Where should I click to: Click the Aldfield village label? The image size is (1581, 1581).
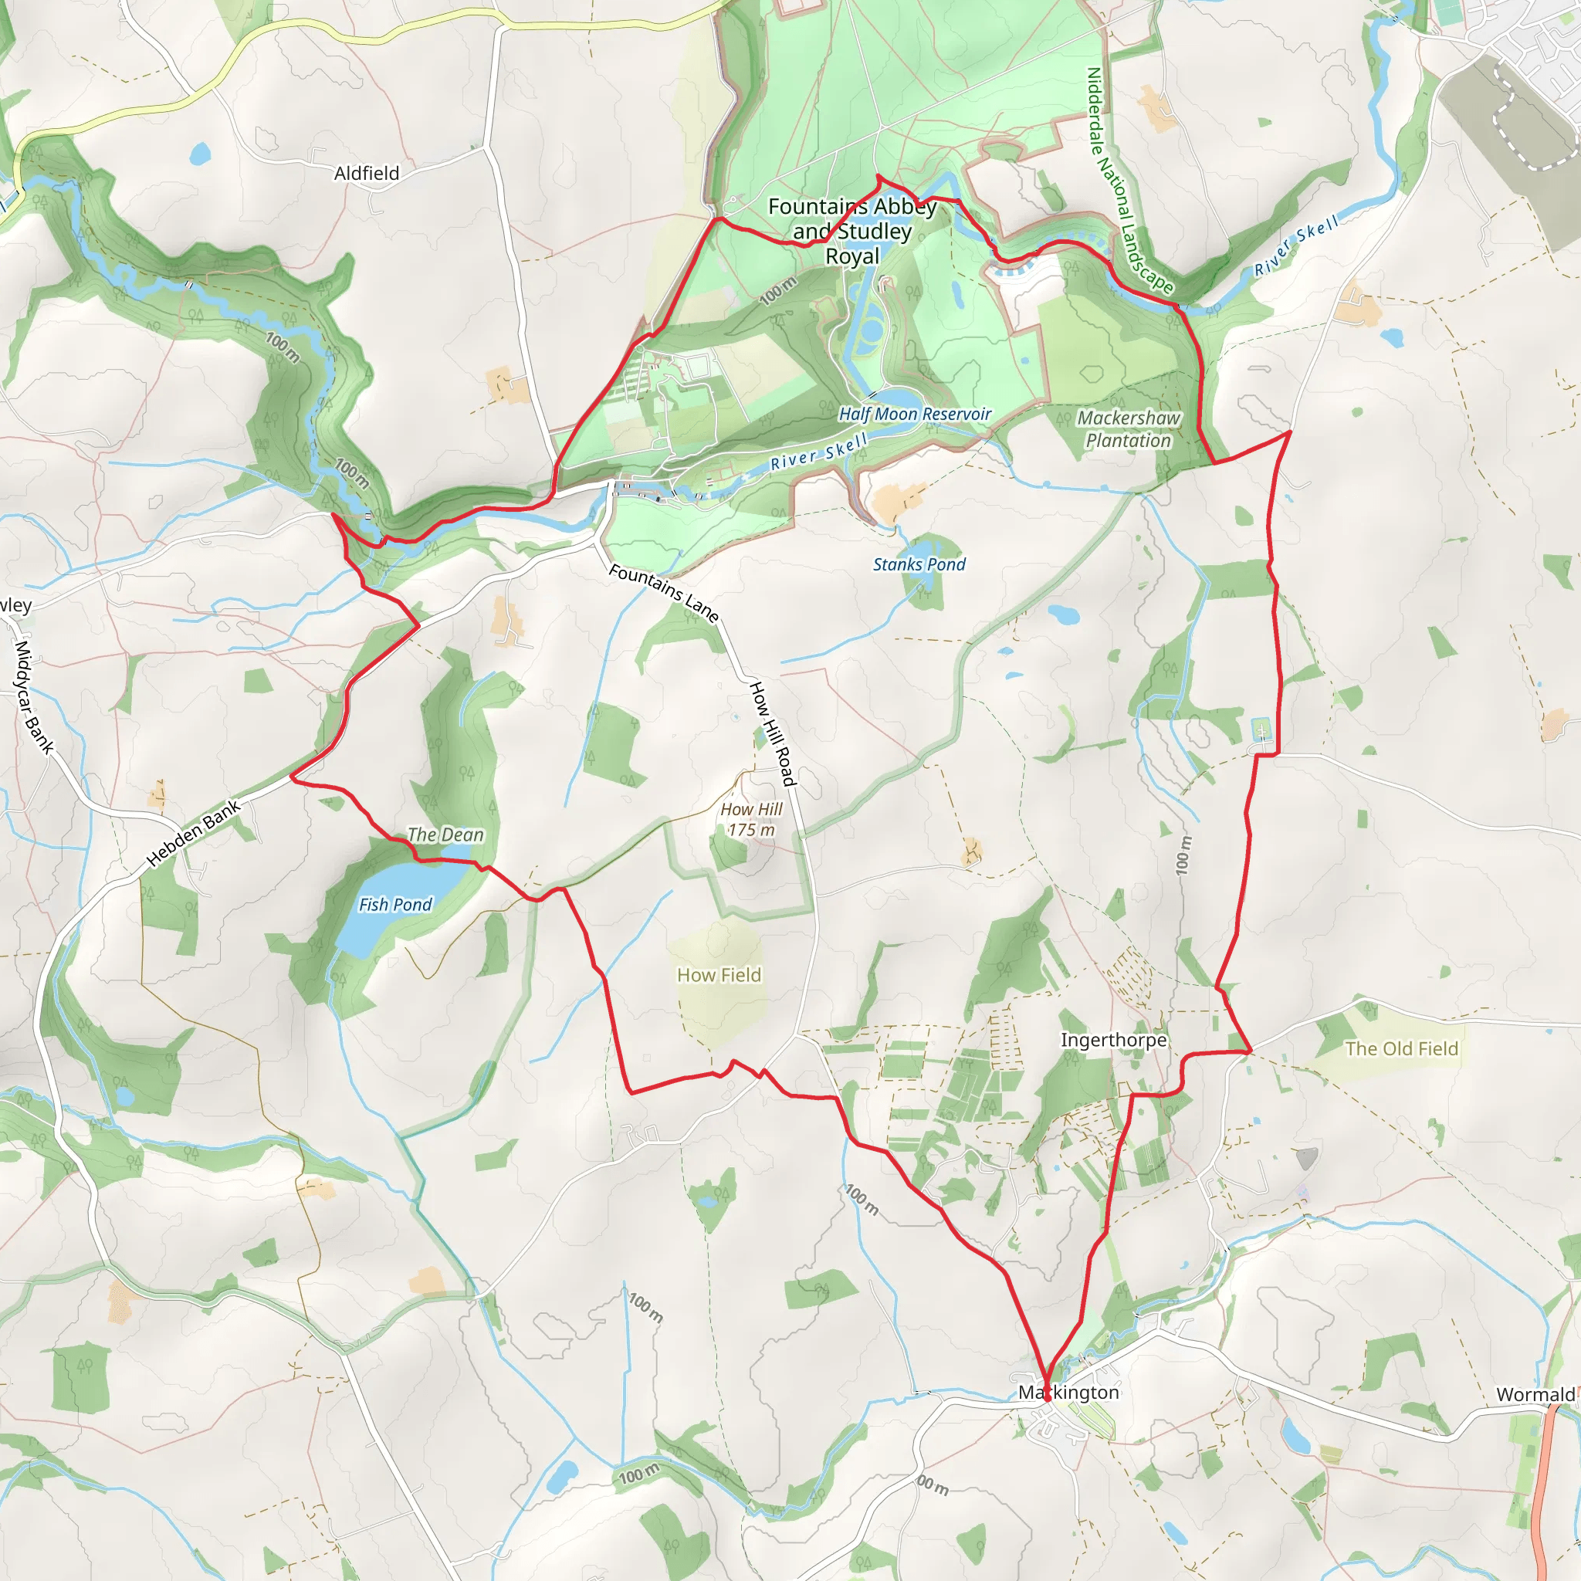(367, 174)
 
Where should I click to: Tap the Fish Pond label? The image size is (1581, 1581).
(395, 904)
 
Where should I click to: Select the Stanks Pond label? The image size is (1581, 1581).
(919, 564)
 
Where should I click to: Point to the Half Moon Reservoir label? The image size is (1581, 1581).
(915, 414)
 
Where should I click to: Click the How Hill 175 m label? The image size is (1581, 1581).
(751, 819)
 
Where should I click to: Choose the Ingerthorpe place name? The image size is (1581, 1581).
(1113, 1040)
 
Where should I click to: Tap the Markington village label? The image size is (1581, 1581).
(1068, 1392)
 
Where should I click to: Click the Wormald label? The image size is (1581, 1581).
(1535, 1394)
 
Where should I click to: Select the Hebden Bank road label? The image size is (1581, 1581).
(194, 833)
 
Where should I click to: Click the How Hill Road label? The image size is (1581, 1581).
(773, 733)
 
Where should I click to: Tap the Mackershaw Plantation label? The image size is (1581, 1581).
(1129, 428)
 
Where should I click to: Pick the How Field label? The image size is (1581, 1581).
(719, 975)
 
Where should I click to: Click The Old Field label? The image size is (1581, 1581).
(1402, 1049)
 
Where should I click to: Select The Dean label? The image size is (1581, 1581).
(445, 835)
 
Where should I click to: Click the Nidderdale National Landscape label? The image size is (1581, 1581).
(1129, 180)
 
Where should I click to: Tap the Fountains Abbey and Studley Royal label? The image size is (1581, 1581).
(852, 232)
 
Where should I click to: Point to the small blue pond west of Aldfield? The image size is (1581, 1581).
(200, 153)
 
